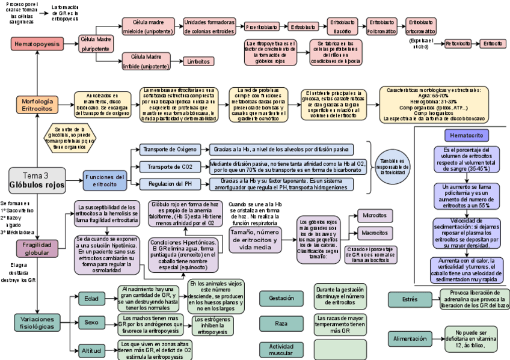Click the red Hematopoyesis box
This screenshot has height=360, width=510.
(x=37, y=44)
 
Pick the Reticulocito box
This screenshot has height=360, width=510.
(x=458, y=44)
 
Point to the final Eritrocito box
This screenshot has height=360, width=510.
(x=493, y=44)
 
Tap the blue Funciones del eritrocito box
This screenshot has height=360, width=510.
(x=105, y=180)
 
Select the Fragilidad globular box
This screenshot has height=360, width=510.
(x=37, y=249)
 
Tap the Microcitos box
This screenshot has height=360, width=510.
(x=375, y=215)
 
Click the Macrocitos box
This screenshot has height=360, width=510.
(x=375, y=233)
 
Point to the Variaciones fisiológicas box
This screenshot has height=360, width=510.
(x=38, y=323)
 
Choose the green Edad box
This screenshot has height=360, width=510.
(x=91, y=297)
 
